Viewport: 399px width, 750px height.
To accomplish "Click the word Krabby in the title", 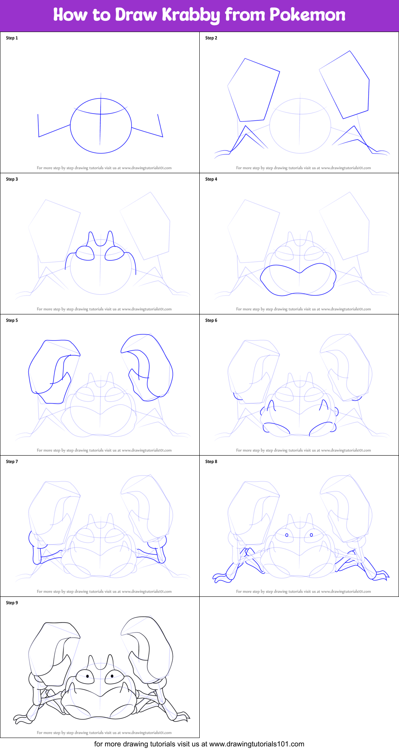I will point(191,15).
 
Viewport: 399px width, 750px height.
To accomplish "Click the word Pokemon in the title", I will point(307,15).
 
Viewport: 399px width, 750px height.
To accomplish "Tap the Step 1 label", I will point(12,38).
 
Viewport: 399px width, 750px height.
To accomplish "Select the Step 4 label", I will point(211,179).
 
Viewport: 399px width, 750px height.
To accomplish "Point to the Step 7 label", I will point(12,462).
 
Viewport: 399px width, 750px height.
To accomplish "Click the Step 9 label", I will point(12,603).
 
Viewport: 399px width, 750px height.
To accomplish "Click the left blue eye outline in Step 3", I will point(85,253).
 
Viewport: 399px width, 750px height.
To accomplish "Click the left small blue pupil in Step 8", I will point(287,535).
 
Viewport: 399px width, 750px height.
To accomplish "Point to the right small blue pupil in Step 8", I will point(312,535).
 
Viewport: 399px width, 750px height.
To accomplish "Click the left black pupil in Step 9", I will point(87,676).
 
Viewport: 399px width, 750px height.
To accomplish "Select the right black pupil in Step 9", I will point(113,676).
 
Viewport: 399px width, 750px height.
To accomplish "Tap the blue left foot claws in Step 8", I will point(220,577).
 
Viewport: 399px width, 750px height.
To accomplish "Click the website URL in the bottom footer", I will point(256,744).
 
